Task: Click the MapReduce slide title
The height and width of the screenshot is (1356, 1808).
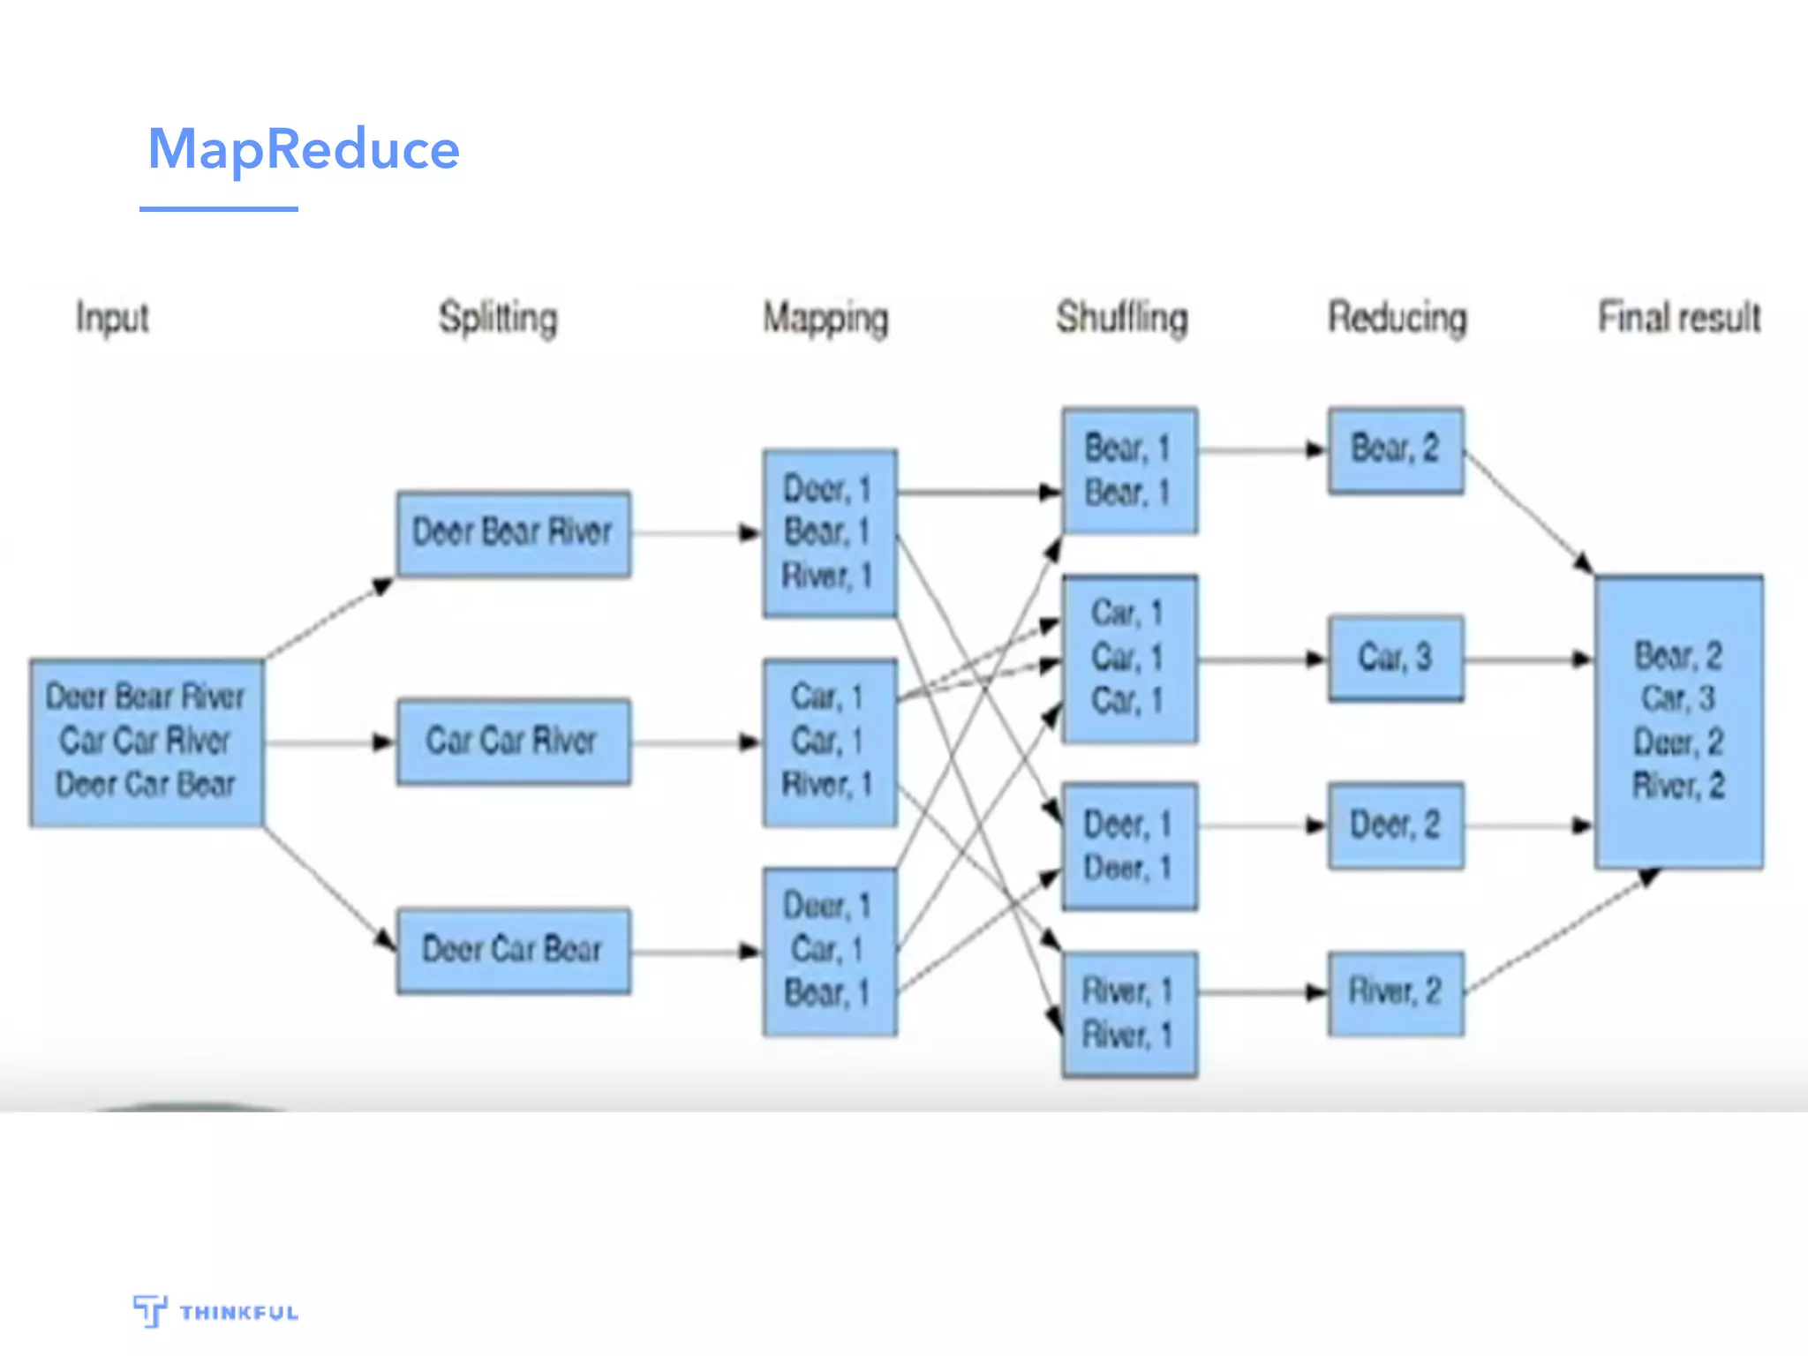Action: (303, 149)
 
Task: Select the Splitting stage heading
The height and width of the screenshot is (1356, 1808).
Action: (498, 318)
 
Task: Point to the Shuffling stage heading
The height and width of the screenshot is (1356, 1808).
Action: (1122, 318)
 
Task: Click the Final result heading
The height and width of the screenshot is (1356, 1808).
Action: (1679, 318)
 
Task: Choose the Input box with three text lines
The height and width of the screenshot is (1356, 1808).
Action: (147, 742)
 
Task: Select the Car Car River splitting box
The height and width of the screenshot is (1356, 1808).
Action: (513, 742)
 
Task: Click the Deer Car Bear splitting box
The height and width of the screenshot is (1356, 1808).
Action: (513, 951)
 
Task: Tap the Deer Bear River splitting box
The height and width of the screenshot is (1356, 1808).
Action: (513, 533)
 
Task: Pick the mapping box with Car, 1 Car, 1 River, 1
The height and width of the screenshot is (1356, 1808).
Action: (829, 742)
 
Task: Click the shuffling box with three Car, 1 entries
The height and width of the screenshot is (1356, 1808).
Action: (1129, 659)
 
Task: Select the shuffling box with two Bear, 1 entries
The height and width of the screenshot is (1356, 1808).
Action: (1129, 471)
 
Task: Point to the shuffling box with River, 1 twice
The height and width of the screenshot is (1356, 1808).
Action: (1129, 1013)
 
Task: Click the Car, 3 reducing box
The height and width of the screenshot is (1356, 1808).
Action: (1395, 659)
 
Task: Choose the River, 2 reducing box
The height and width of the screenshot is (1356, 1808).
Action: (1395, 993)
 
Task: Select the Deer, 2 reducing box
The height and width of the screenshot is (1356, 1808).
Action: (1395, 826)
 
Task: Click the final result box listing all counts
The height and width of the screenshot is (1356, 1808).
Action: (1678, 721)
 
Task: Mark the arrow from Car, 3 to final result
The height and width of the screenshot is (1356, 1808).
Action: (1527, 659)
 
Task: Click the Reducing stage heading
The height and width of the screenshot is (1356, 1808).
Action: (1397, 318)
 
